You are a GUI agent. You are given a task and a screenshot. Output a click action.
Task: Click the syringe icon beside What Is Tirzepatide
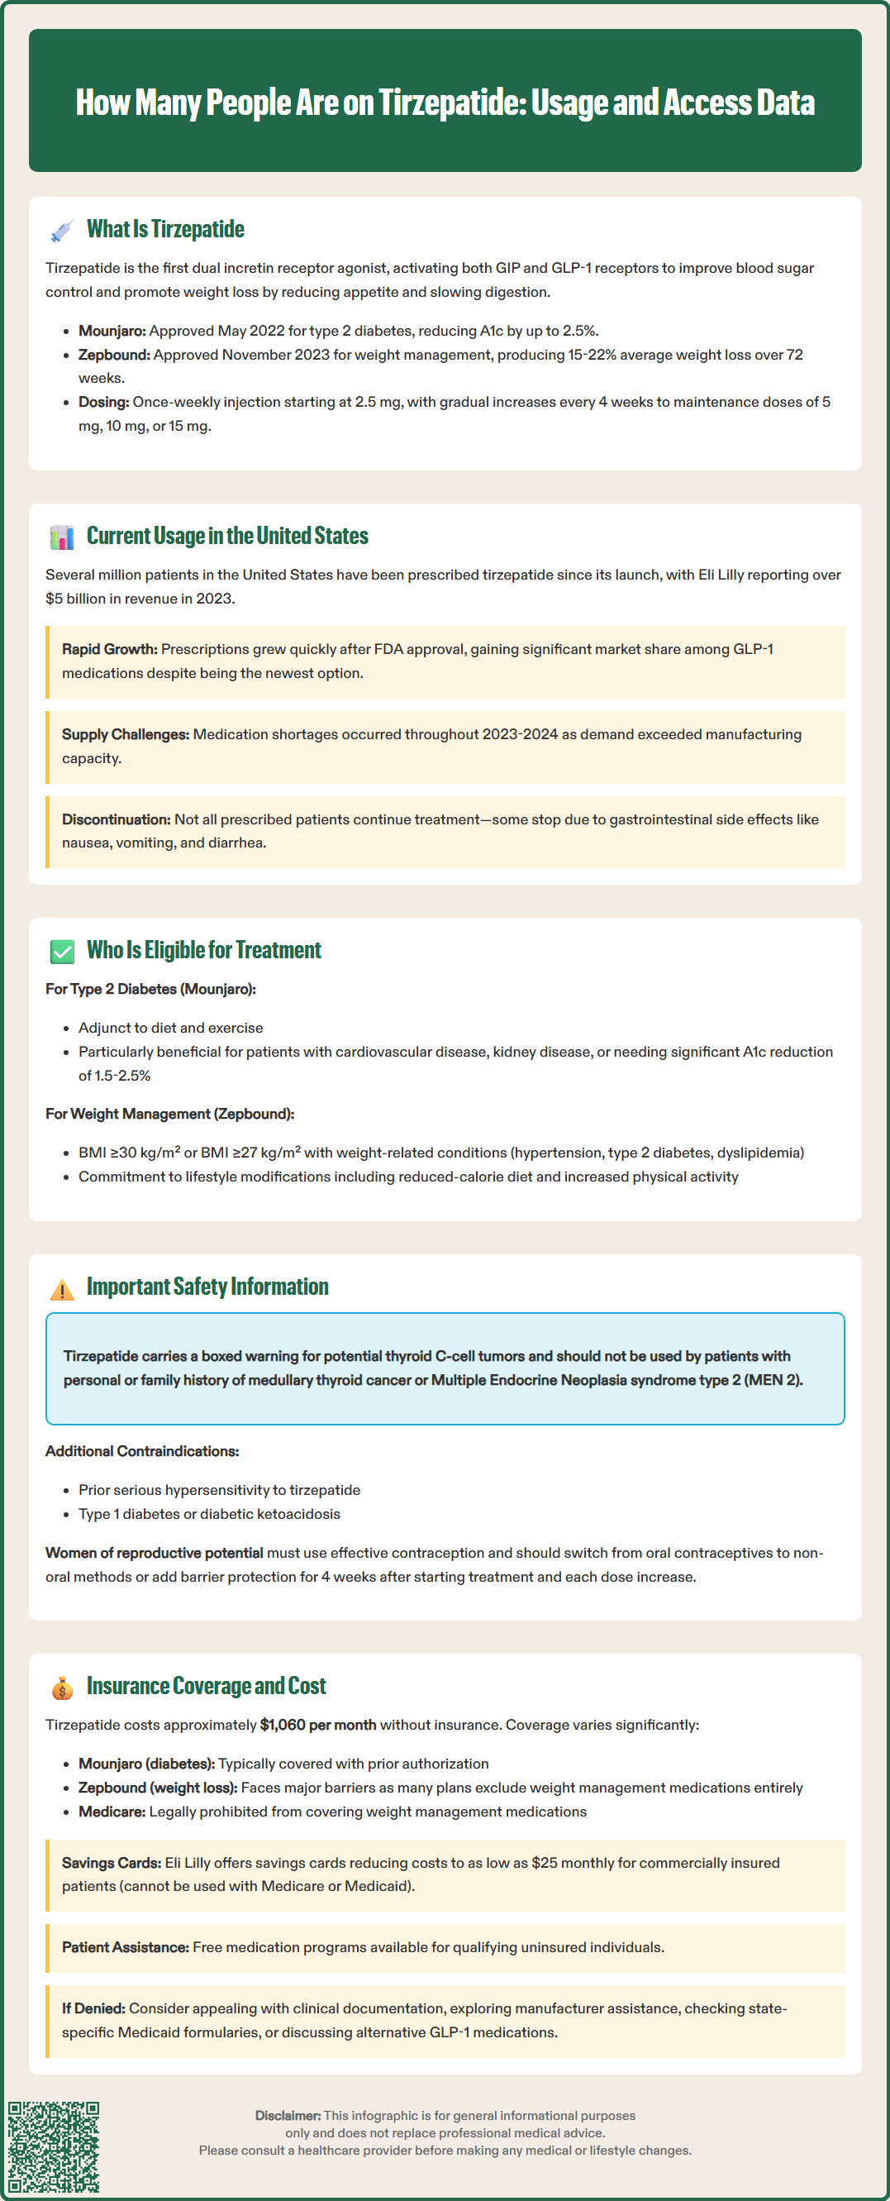(x=61, y=230)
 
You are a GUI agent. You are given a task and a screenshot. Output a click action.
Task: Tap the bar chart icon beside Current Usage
(x=61, y=537)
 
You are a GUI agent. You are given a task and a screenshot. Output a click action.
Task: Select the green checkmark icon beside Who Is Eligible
(x=61, y=951)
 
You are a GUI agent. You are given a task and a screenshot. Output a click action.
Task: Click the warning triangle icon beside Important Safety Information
(x=61, y=1288)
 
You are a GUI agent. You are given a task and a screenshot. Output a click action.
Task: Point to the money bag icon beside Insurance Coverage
(x=61, y=1688)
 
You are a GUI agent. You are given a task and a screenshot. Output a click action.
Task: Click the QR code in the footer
(x=54, y=2147)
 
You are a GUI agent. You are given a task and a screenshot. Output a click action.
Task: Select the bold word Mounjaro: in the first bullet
(x=112, y=331)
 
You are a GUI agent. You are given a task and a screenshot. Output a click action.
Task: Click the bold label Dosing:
(x=103, y=402)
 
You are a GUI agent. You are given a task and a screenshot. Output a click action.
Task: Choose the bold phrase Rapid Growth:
(x=109, y=649)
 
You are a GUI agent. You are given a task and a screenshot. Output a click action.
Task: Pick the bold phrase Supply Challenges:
(x=126, y=734)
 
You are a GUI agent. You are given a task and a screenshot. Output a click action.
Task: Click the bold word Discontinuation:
(x=117, y=819)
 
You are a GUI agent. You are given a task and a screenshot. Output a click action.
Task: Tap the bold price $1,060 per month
(x=317, y=1724)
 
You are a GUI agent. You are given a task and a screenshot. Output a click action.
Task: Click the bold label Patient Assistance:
(x=126, y=1947)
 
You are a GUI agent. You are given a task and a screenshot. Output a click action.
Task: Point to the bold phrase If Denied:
(x=93, y=2008)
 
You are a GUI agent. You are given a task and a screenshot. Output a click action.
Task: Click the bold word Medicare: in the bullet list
(x=112, y=1812)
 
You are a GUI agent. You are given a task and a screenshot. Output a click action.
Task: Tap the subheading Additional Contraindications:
(x=142, y=1451)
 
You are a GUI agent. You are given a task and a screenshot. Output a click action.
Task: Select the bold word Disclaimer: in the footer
(x=288, y=2116)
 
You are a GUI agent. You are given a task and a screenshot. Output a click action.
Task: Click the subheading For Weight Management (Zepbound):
(x=170, y=1115)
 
